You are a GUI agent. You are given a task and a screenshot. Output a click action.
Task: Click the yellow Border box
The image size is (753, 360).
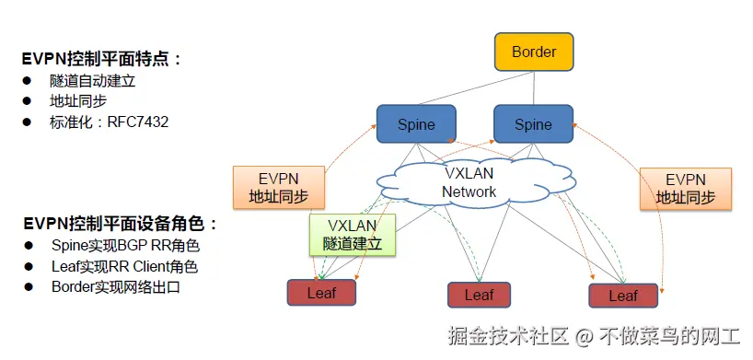534,52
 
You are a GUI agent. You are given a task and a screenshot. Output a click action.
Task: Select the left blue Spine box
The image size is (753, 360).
416,124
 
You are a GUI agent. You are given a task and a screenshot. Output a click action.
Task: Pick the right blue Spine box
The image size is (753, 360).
533,124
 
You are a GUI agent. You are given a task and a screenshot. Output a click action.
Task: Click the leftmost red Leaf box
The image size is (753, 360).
321,292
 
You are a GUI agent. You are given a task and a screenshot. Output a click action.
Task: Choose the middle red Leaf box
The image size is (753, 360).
479,295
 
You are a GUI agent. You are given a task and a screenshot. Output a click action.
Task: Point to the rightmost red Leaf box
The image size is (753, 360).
623,295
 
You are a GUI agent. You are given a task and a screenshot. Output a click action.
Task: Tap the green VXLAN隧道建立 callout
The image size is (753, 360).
352,235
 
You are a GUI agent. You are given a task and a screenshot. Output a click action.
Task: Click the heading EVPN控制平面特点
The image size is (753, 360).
101,59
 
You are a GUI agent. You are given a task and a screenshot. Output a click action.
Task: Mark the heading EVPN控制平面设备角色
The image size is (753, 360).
120,224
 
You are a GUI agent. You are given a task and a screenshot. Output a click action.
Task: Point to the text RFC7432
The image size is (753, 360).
138,122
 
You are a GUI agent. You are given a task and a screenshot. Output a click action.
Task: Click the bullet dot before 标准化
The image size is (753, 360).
28,122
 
